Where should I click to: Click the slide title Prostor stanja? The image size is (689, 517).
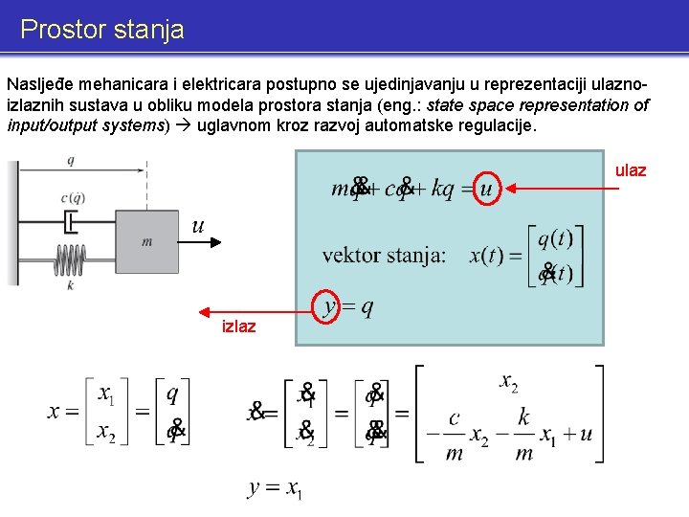point(101,30)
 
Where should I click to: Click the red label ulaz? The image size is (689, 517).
point(631,170)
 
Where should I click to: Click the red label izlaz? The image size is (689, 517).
point(238,326)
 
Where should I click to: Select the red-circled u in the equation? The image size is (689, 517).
point(486,189)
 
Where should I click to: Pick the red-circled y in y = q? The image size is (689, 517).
point(329,306)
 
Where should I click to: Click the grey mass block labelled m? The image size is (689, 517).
point(145,241)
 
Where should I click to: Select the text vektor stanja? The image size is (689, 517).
point(384,256)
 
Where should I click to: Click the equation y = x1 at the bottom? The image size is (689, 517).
point(276,489)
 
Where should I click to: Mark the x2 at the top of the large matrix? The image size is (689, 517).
point(509,383)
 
